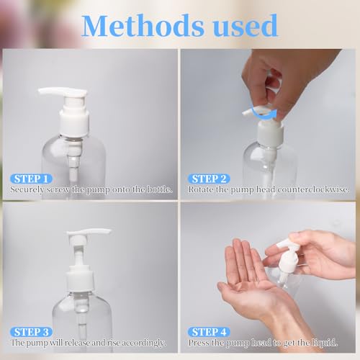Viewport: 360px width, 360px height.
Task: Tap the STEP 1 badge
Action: pyautogui.click(x=31, y=178)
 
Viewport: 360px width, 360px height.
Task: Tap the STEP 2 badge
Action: pyautogui.click(x=208, y=178)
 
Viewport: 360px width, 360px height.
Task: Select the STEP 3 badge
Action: pyautogui.click(x=31, y=332)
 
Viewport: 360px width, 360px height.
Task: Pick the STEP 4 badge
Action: pyautogui.click(x=208, y=332)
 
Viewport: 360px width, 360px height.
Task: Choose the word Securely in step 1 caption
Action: pyautogui.click(x=27, y=189)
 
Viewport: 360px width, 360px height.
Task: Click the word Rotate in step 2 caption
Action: pyautogui.click(x=202, y=189)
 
